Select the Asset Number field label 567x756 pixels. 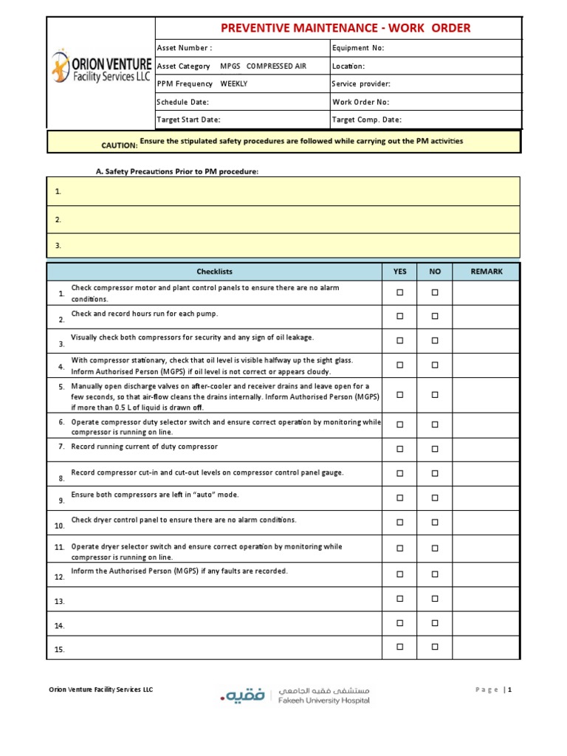click(185, 48)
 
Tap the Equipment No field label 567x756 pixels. click(358, 48)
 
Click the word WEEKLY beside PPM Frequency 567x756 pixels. click(234, 84)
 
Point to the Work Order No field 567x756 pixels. click(360, 102)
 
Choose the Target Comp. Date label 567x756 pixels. click(367, 120)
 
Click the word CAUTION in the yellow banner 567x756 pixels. click(120, 145)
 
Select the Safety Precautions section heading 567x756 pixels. click(177, 171)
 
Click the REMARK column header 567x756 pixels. click(487, 272)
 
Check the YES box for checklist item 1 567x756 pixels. click(400, 293)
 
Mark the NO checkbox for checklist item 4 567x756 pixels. click(435, 365)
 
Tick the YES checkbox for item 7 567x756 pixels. click(400, 449)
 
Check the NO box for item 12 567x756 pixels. click(435, 574)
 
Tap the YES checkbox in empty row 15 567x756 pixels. click(400, 647)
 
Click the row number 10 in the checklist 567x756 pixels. click(59, 526)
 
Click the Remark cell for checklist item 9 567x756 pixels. click(486, 498)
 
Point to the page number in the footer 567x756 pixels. click(509, 690)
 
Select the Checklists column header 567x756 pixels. click(215, 272)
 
